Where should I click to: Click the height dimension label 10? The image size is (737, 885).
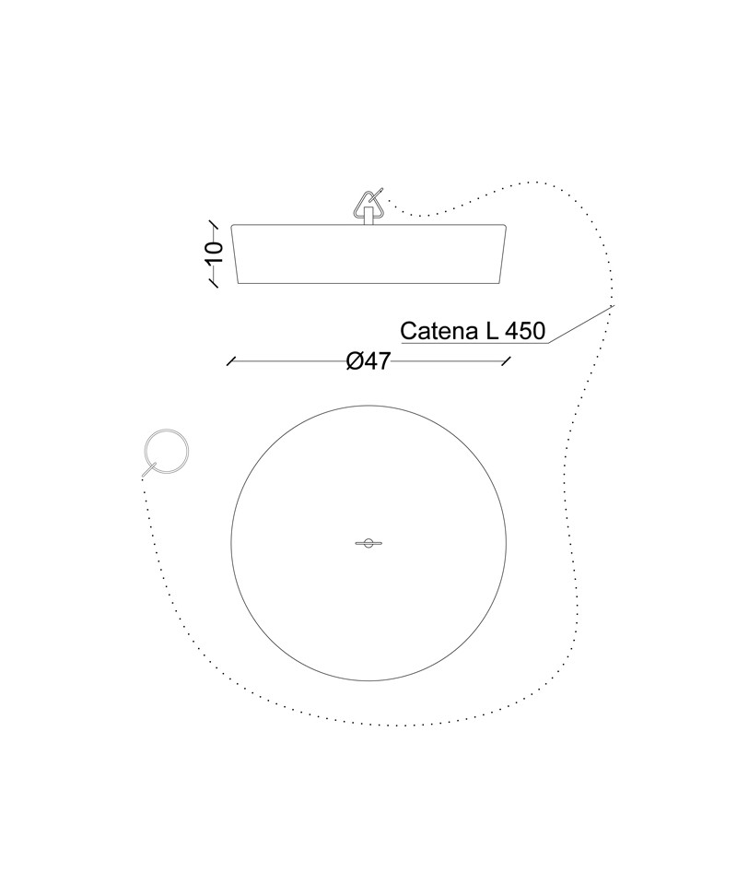point(215,253)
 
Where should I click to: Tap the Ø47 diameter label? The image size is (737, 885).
point(368,360)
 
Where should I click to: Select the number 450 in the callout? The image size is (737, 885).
point(525,331)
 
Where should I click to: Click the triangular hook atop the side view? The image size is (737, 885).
point(368,203)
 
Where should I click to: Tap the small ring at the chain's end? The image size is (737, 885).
point(167,452)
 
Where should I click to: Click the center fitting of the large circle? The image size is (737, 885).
point(368,544)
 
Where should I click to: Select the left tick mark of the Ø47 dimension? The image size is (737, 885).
point(230,361)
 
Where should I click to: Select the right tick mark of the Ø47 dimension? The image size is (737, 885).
point(507,361)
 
